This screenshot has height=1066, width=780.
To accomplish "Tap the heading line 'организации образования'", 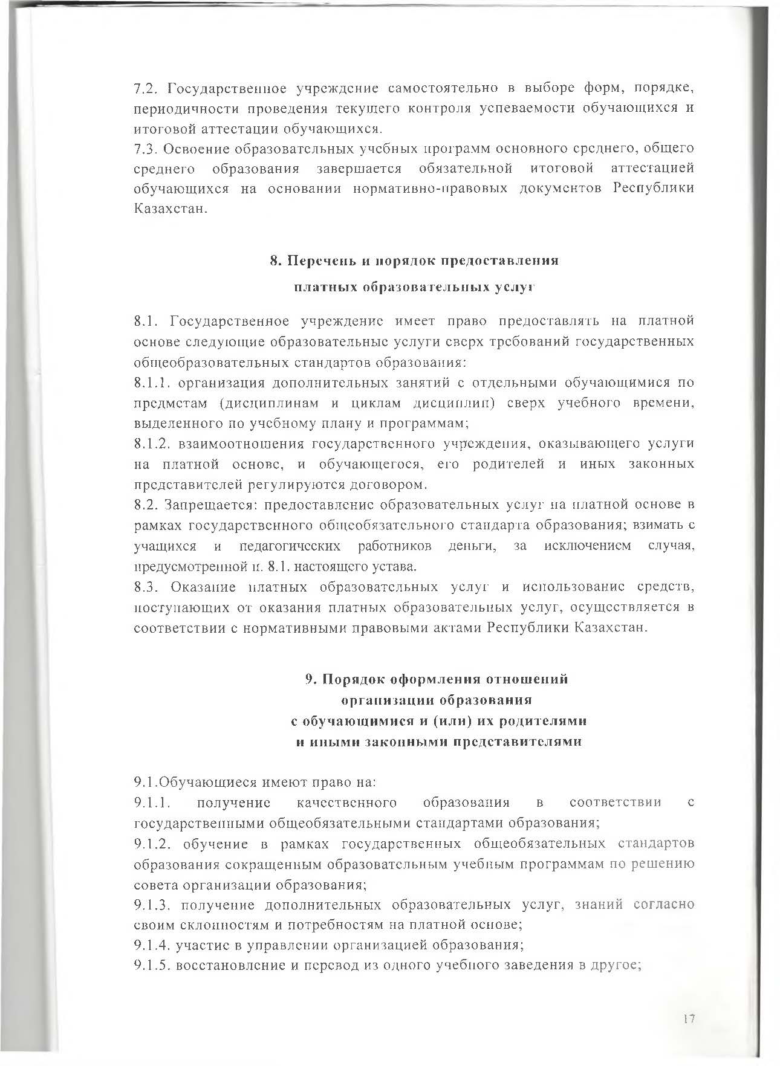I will coord(437,700).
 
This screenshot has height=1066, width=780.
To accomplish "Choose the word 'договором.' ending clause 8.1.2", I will coord(394,485).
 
